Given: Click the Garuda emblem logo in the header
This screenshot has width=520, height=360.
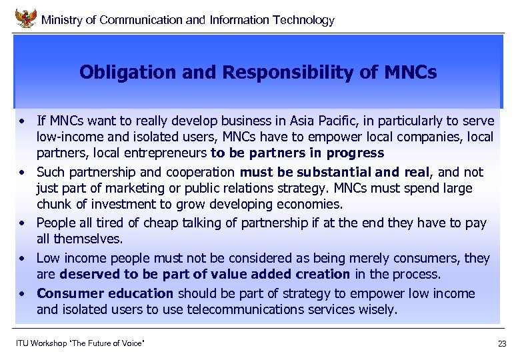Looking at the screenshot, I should coord(25,18).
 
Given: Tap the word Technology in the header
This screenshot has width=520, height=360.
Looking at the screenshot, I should coord(303,20).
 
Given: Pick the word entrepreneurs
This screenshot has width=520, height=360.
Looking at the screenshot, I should coord(169,153).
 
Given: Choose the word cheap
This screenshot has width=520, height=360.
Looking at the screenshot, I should coord(161,223).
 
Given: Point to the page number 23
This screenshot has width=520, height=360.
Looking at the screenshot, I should coord(502,343).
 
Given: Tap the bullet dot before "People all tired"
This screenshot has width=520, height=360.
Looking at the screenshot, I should coord(23,223).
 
